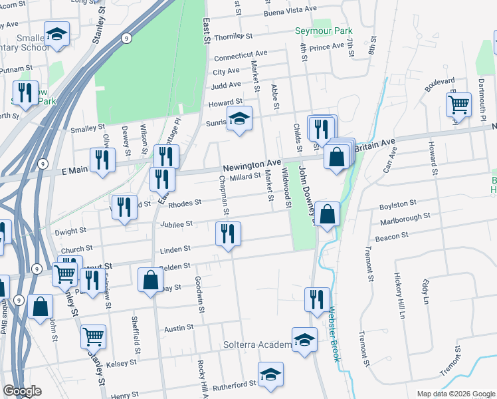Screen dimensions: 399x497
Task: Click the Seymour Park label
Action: tap(324, 31)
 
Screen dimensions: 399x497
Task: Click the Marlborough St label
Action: tap(405, 216)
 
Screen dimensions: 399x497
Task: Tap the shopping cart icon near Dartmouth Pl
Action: tap(458, 104)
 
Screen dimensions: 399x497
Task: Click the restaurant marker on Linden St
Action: tap(228, 233)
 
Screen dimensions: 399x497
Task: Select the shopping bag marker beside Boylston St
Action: tap(327, 214)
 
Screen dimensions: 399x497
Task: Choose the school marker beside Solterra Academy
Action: tap(304, 338)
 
